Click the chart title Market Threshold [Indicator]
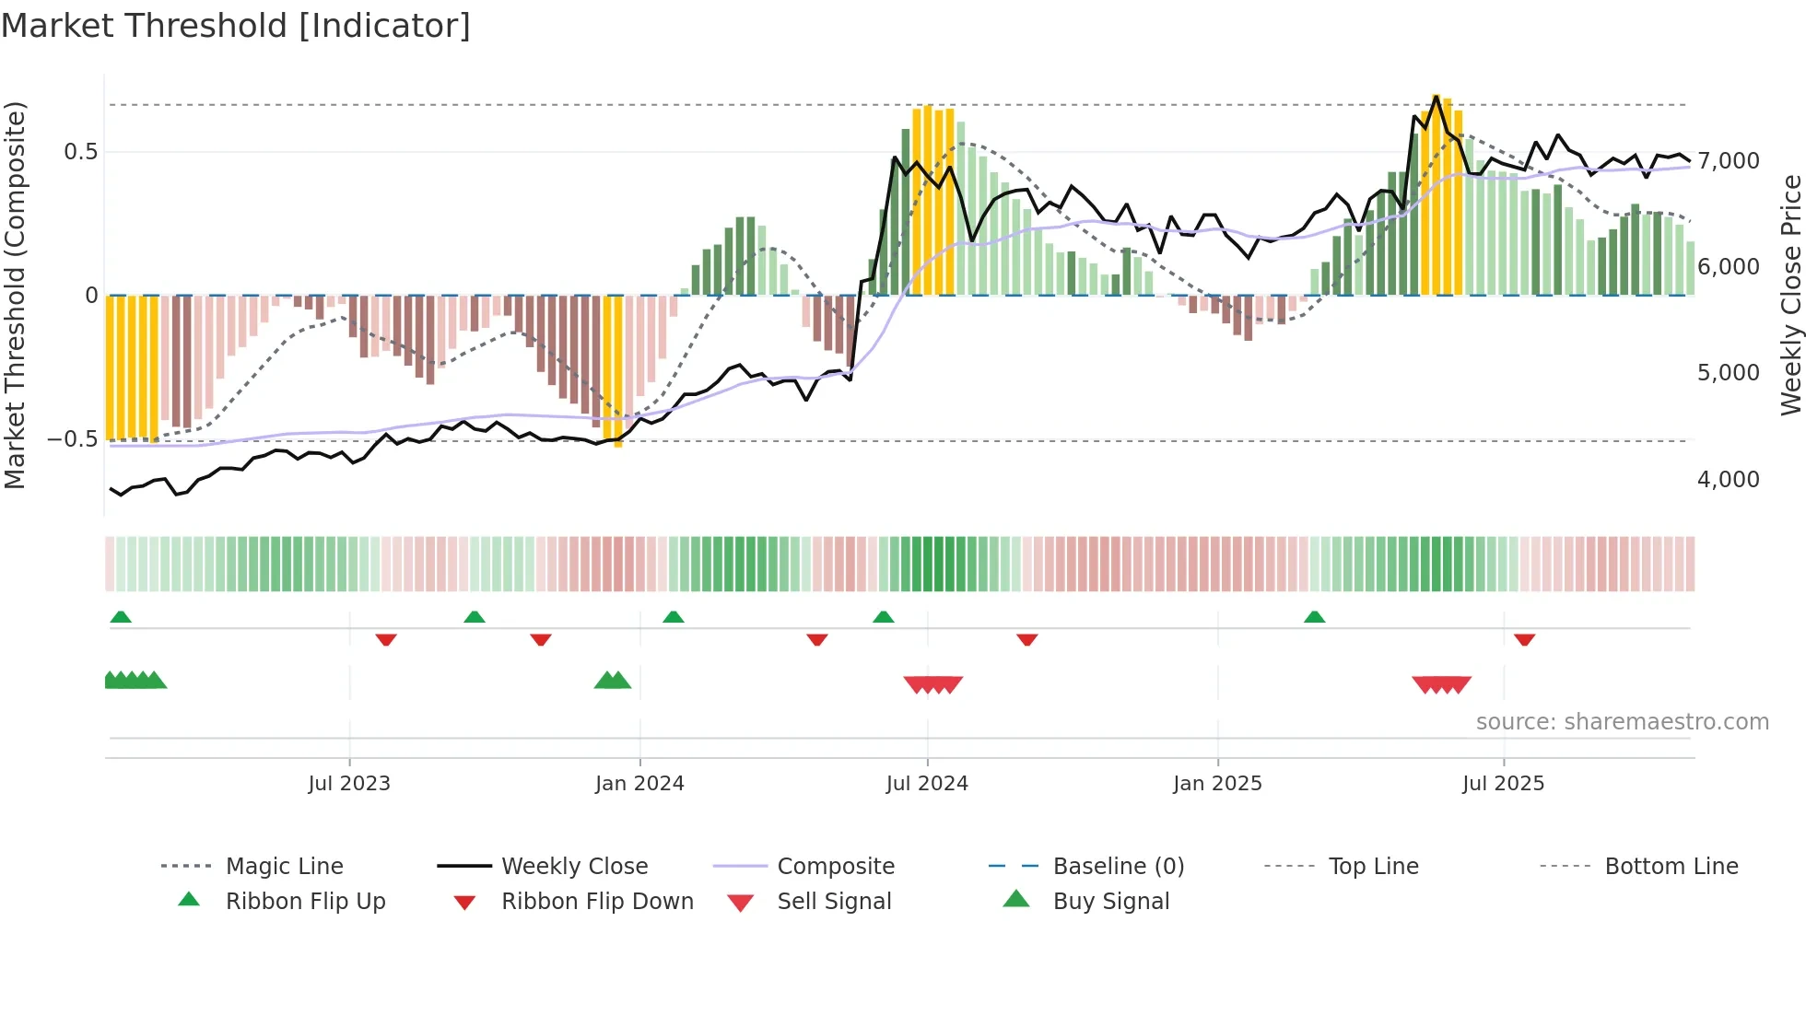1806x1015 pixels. pyautogui.click(x=236, y=26)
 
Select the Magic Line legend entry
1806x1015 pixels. pyautogui.click(x=284, y=867)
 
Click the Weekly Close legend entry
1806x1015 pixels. pyautogui.click(x=574, y=867)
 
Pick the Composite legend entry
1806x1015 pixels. pyautogui.click(x=835, y=867)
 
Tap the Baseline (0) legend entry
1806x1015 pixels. pyautogui.click(x=1118, y=867)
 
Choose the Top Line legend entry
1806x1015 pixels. pyautogui.click(x=1373, y=867)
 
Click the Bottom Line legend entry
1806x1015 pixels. pyautogui.click(x=1671, y=867)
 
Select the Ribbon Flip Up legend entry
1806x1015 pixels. pyautogui.click(x=305, y=902)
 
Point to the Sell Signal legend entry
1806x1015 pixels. pyautogui.click(x=834, y=902)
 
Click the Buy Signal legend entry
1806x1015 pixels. pyautogui.click(x=1110, y=902)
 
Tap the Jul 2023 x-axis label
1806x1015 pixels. pyautogui.click(x=349, y=784)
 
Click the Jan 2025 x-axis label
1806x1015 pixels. pyautogui.click(x=1217, y=784)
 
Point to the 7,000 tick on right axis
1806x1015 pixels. pyautogui.click(x=1729, y=161)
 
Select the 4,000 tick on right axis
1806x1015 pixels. pyautogui.click(x=1729, y=480)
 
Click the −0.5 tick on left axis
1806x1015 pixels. pyautogui.click(x=73, y=439)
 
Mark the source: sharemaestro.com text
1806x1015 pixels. pyautogui.click(x=1622, y=722)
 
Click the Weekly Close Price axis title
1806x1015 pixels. pyautogui.click(x=1790, y=295)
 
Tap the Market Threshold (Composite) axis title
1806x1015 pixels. pyautogui.click(x=15, y=295)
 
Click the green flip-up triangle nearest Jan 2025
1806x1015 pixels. pyautogui.click(x=1315, y=617)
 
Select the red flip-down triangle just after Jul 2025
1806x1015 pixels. pyautogui.click(x=1525, y=639)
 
